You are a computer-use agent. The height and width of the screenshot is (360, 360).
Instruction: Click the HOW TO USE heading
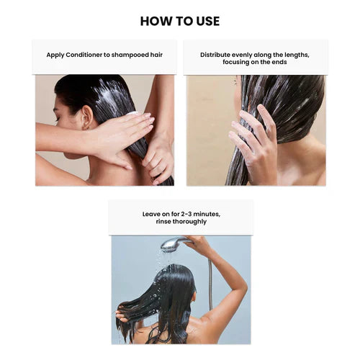(x=180, y=21)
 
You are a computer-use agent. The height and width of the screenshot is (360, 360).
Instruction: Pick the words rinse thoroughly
(x=181, y=222)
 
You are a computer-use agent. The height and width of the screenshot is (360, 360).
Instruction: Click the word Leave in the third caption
(x=152, y=213)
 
